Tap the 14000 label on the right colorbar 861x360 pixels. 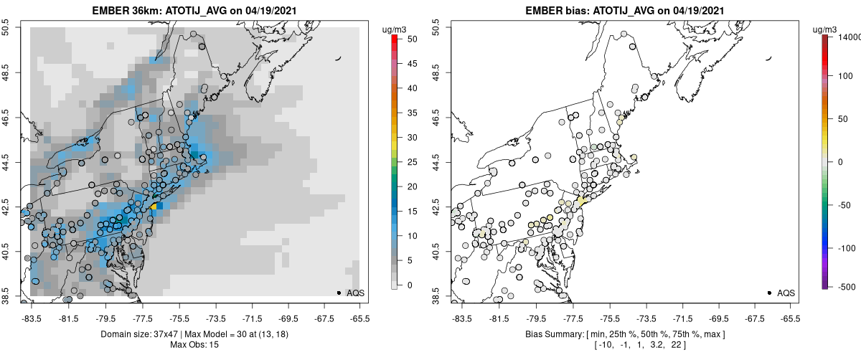click(846, 36)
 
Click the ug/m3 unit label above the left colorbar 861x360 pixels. click(395, 29)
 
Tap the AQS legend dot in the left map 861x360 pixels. click(339, 293)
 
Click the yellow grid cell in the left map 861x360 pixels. click(153, 206)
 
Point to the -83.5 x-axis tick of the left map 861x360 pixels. click(31, 316)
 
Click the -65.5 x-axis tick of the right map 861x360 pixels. click(790, 316)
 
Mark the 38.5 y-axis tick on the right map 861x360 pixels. click(439, 296)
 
